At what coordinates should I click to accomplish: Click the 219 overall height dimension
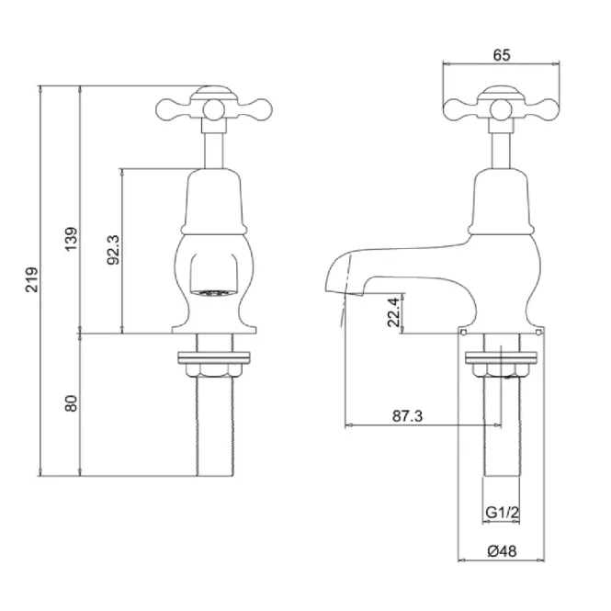click(x=31, y=279)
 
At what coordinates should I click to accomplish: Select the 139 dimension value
click(x=72, y=239)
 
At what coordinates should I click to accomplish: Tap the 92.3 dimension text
click(x=114, y=250)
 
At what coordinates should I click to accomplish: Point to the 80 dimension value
click(x=72, y=403)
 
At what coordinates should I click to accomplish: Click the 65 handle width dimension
click(x=502, y=55)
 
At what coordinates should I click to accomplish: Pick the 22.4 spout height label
click(x=393, y=312)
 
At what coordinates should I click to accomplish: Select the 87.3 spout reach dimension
click(x=407, y=416)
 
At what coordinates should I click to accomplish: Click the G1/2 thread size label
click(x=503, y=513)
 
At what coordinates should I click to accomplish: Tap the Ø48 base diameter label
click(x=502, y=551)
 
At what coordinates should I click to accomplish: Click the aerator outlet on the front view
click(x=213, y=292)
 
